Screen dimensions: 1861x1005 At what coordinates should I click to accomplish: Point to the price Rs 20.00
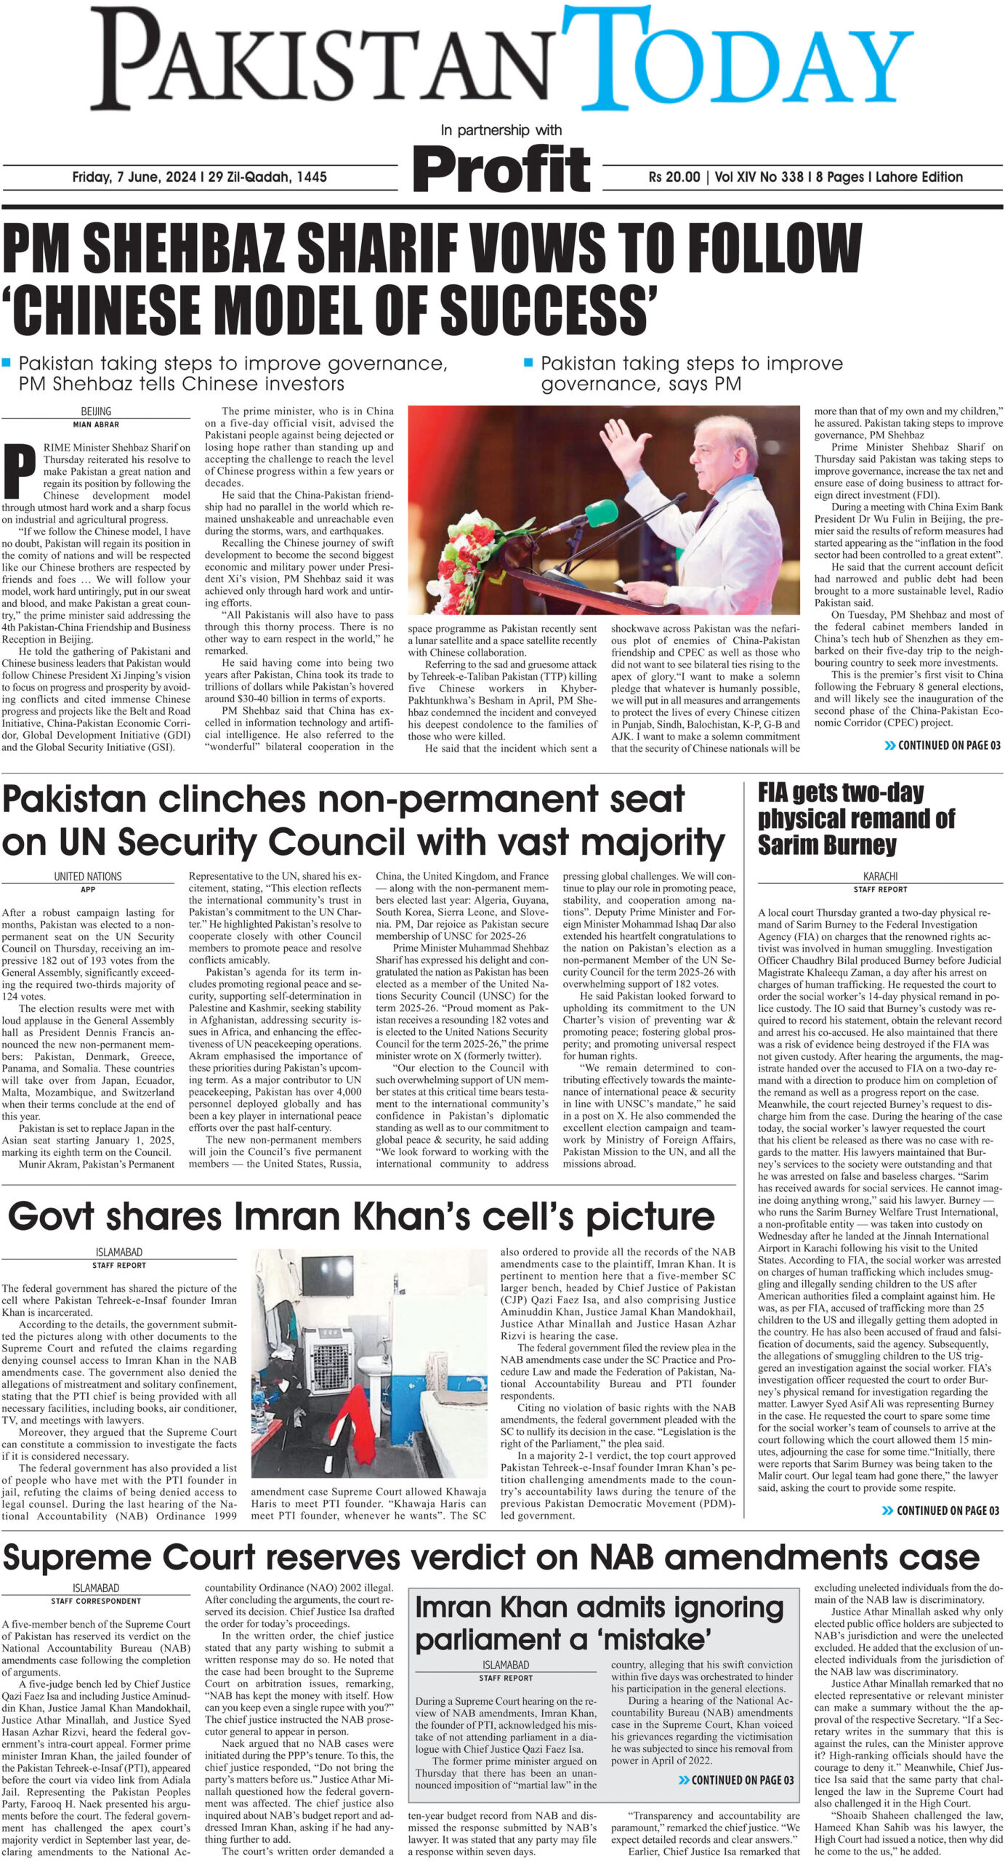[x=674, y=177]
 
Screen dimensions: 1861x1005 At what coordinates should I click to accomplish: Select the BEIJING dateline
[x=96, y=411]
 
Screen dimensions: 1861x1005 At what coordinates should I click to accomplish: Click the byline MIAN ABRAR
[x=96, y=424]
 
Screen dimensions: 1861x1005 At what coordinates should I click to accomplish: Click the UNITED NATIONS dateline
[x=88, y=877]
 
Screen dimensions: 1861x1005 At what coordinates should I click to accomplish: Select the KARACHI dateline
[x=880, y=877]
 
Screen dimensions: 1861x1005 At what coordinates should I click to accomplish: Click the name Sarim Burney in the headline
[x=827, y=845]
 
